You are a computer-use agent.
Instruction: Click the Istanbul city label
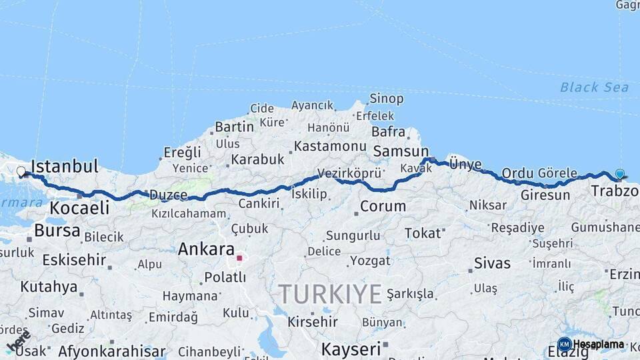[x=65, y=166]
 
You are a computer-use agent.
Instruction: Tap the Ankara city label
[x=205, y=249]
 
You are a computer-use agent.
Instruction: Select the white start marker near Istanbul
[x=21, y=172]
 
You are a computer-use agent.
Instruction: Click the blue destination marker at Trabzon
[x=620, y=174]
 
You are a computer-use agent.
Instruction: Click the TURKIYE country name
[x=330, y=293]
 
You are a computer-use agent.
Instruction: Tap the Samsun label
[x=401, y=151]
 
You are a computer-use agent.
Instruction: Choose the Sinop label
[x=387, y=99]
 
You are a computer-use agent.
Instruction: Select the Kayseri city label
[x=351, y=349]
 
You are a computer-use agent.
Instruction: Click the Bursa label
[x=57, y=231]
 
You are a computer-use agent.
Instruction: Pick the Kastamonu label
[x=330, y=146]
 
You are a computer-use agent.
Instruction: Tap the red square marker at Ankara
[x=239, y=257]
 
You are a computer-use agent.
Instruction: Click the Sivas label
[x=492, y=263]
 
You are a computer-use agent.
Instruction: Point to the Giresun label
[x=545, y=195]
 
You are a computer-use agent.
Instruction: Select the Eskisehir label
[x=74, y=260]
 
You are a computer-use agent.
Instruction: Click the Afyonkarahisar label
[x=111, y=351]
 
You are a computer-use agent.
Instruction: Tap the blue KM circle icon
[x=564, y=345]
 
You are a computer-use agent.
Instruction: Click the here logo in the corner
[x=19, y=341]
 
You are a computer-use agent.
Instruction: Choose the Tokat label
[x=423, y=233]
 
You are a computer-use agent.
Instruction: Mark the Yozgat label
[x=370, y=261]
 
